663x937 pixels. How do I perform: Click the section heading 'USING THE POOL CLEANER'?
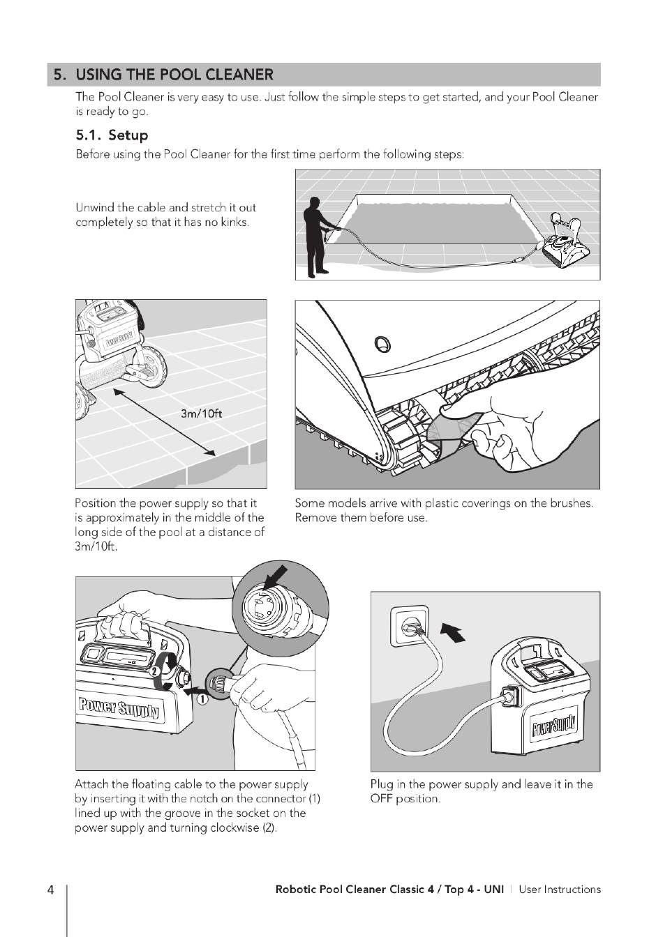[174, 75]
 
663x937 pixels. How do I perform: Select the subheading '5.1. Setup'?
[112, 135]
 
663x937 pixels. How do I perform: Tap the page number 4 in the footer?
[51, 890]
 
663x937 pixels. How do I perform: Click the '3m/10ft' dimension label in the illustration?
[201, 413]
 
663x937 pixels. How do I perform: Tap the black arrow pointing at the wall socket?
[452, 633]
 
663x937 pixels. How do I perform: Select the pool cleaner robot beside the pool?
[565, 244]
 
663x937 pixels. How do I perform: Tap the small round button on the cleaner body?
[381, 343]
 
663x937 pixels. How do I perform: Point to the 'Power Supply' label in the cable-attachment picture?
[119, 708]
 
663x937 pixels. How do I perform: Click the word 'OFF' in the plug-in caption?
[381, 799]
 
